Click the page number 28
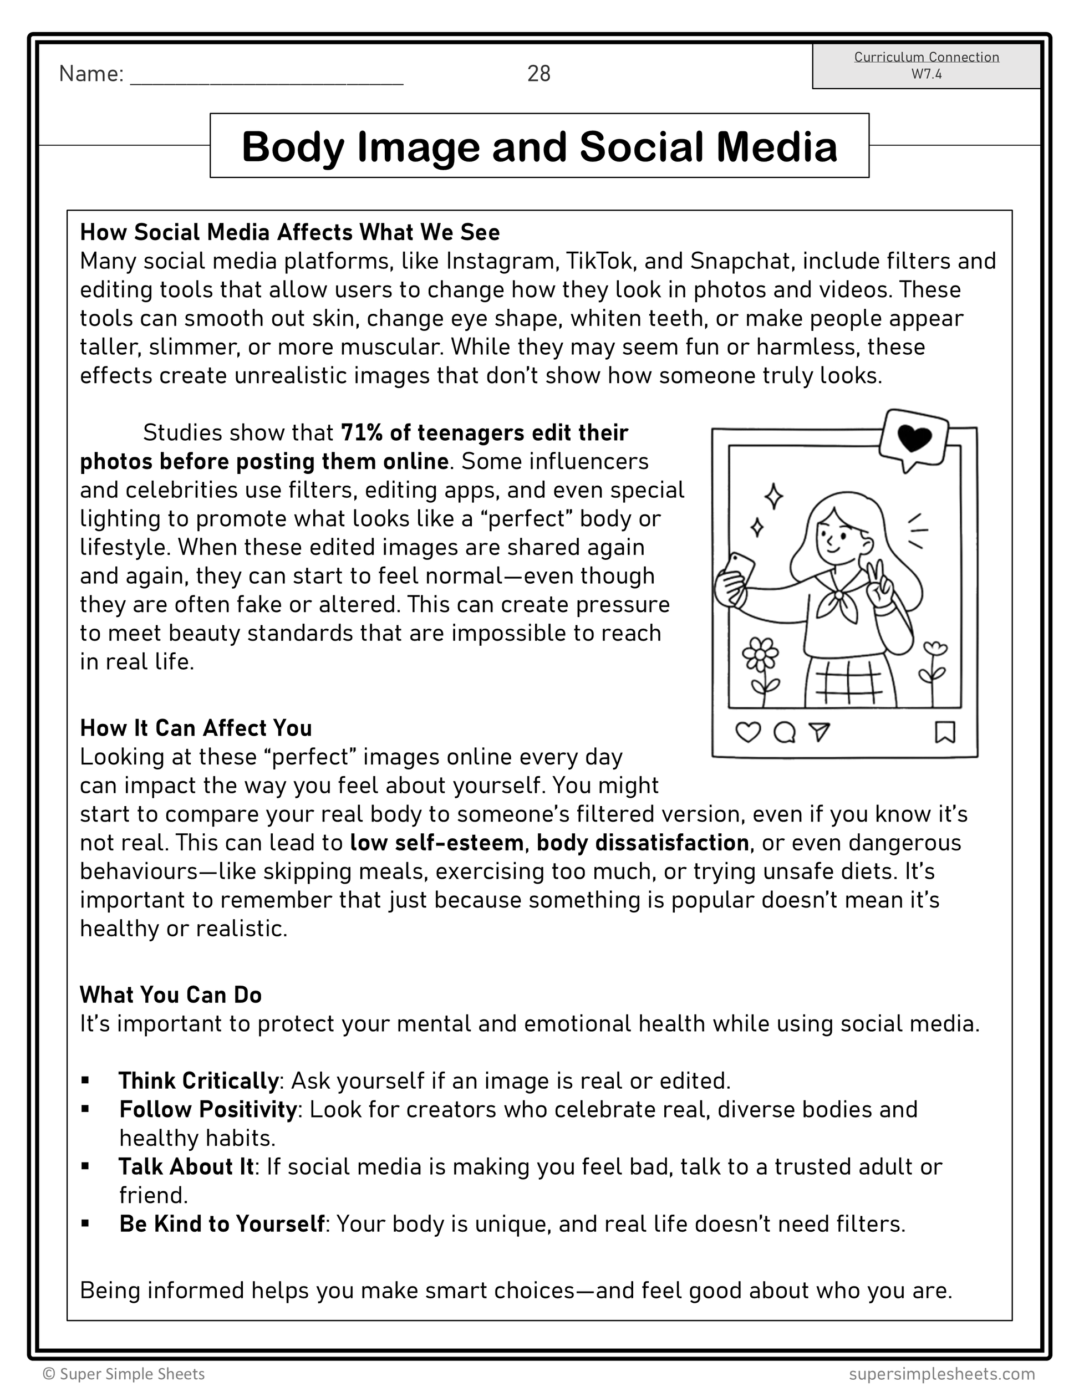tap(538, 74)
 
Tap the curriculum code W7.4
tap(926, 74)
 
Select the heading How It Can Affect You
tap(196, 728)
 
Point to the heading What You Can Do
tap(171, 995)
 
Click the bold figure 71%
tap(362, 433)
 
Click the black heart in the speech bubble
tap(914, 437)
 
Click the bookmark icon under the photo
tap(944, 732)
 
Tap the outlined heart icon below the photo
tap(747, 732)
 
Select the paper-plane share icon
tap(820, 732)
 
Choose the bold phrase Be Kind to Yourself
tap(222, 1223)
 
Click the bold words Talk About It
tap(187, 1166)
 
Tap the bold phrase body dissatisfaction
tap(643, 843)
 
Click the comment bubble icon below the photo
tap(785, 732)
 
